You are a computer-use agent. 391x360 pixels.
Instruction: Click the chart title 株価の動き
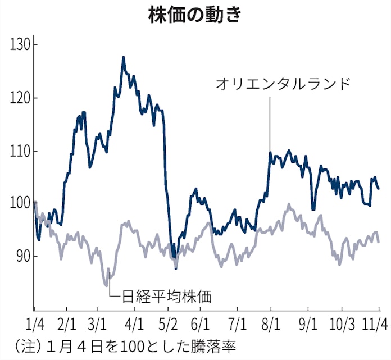coord(195,15)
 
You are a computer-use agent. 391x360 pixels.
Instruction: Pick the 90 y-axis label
coord(23,256)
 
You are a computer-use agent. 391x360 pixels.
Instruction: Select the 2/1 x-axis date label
coord(67,325)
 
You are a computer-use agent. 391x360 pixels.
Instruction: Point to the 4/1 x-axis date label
coord(133,325)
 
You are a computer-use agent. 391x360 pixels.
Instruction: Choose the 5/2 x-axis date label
coord(168,325)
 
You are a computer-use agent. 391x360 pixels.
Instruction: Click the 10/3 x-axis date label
coord(342,325)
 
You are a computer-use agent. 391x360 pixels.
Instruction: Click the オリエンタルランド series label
coord(283,84)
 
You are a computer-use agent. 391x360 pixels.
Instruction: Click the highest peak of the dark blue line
coord(123,57)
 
